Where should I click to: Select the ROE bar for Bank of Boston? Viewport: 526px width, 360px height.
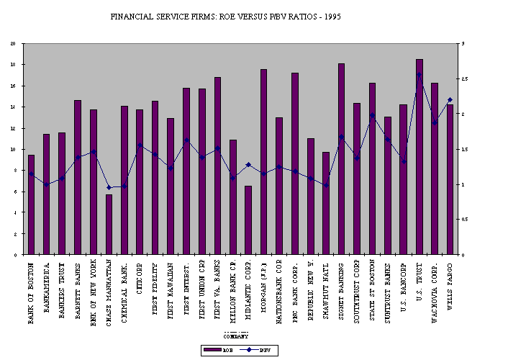pyautogui.click(x=31, y=204)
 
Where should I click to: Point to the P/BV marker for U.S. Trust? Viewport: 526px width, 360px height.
pyautogui.click(x=419, y=75)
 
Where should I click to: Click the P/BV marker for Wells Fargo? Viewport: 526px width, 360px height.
pyautogui.click(x=450, y=99)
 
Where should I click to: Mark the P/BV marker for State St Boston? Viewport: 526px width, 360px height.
pyautogui.click(x=372, y=116)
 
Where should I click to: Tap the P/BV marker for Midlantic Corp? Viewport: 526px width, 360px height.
pyautogui.click(x=248, y=165)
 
